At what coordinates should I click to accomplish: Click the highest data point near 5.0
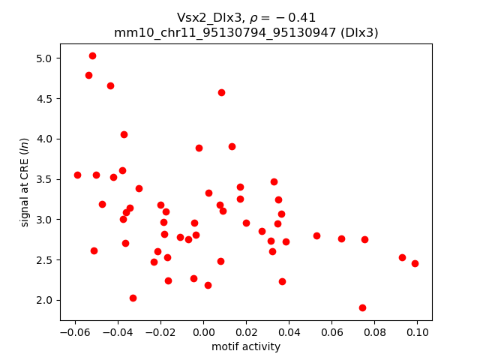click(92, 55)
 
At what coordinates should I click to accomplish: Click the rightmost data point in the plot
click(415, 263)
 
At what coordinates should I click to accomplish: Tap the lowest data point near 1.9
click(362, 307)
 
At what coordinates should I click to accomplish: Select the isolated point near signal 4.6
click(221, 92)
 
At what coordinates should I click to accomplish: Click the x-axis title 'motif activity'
click(246, 346)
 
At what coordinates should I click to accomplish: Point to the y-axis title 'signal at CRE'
click(25, 181)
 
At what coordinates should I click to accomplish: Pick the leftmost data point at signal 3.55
click(77, 175)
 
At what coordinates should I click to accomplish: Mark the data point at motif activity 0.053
click(316, 235)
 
